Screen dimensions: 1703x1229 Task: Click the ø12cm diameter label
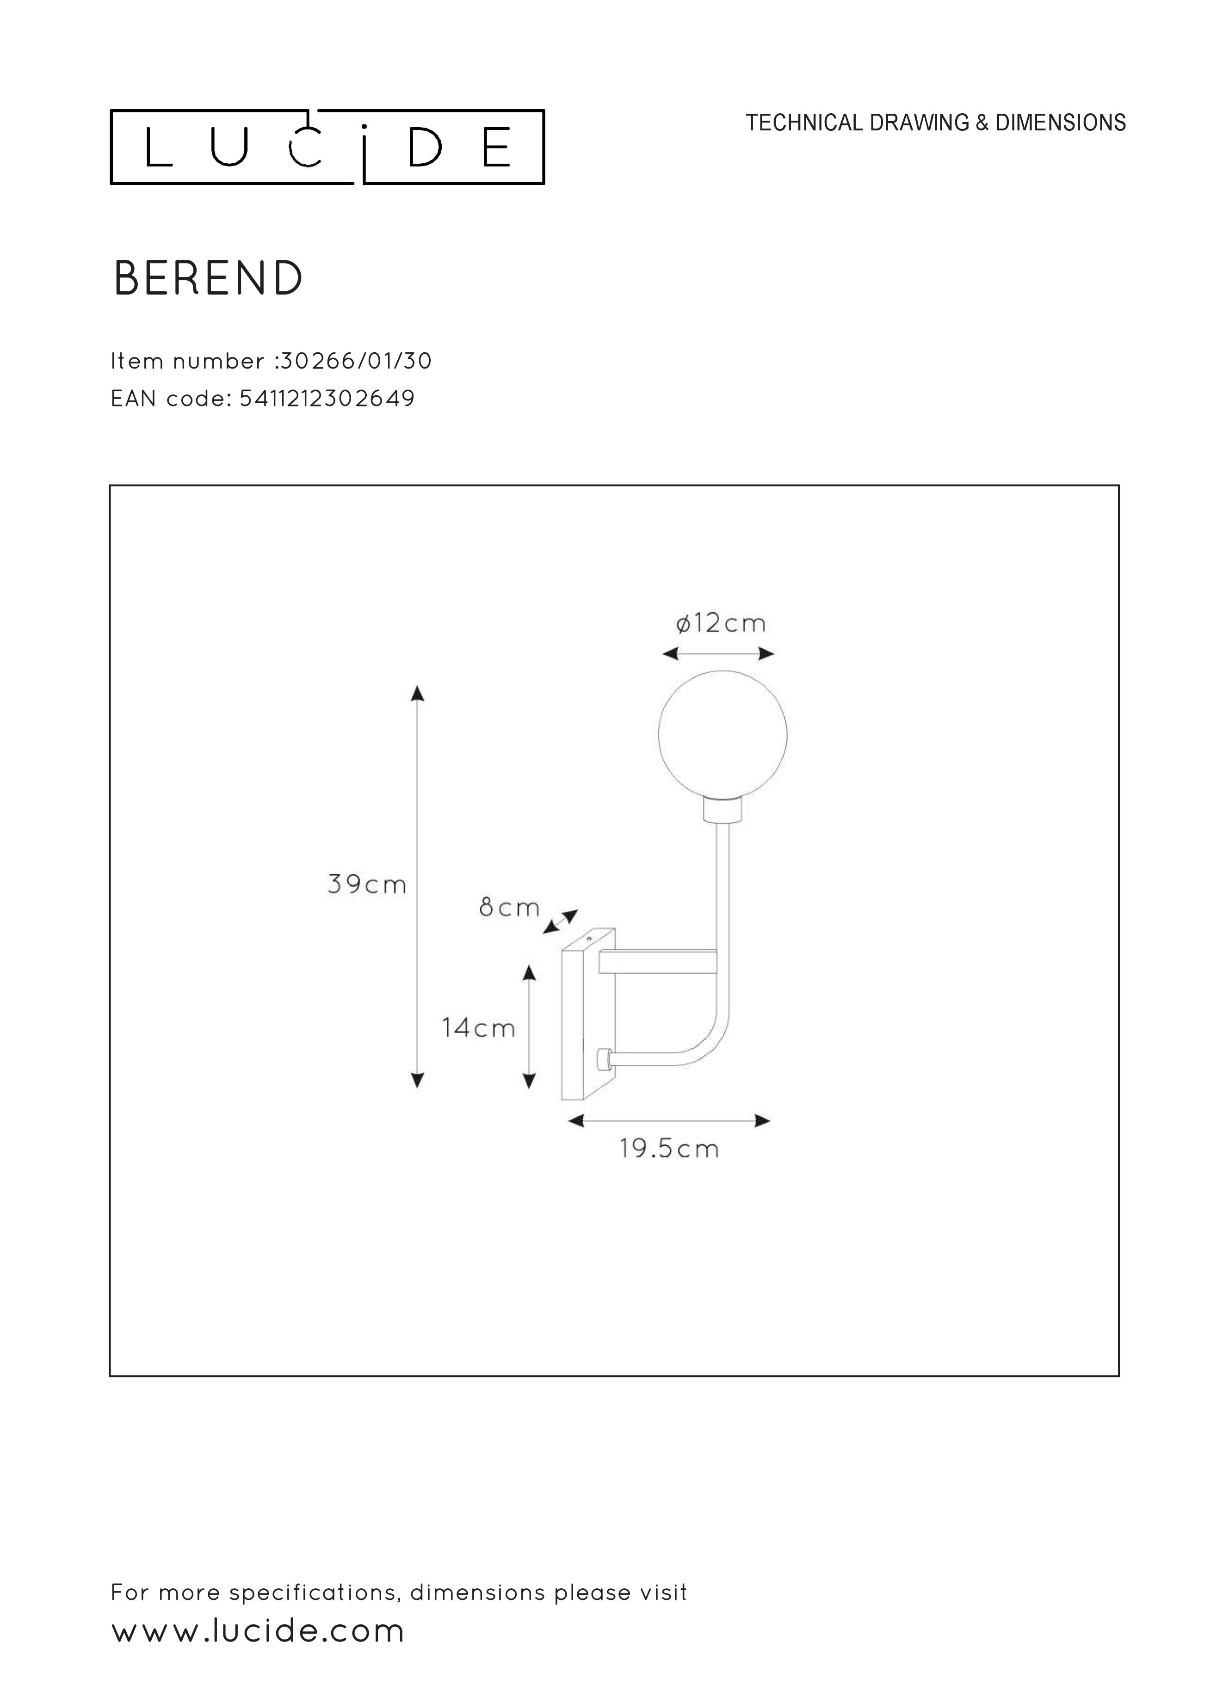pos(720,623)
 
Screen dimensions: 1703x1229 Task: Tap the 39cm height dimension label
pos(367,885)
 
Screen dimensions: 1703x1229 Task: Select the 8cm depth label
pos(509,908)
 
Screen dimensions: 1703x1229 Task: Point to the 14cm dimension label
pos(479,1028)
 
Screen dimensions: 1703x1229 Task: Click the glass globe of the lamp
pos(722,735)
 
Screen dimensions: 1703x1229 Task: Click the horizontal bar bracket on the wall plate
pos(657,962)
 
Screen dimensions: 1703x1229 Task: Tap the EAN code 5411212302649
pos(327,398)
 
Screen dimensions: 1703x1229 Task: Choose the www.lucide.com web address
pos(258,1632)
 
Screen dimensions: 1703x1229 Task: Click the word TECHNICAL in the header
pos(804,123)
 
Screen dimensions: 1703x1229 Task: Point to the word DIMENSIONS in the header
pos(1060,123)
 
